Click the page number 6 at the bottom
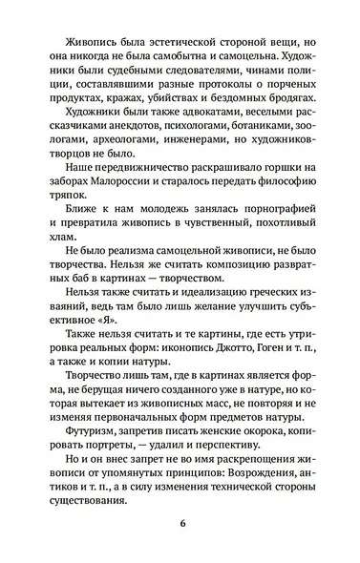pos(180,523)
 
